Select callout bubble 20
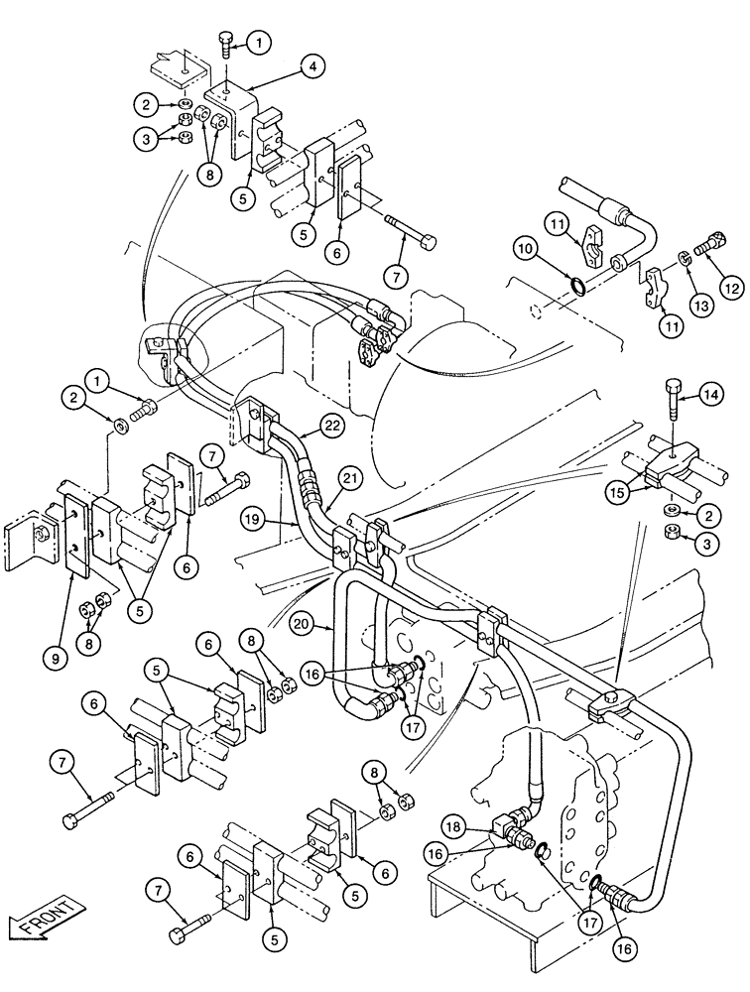click(304, 622)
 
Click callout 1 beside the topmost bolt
click(259, 43)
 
